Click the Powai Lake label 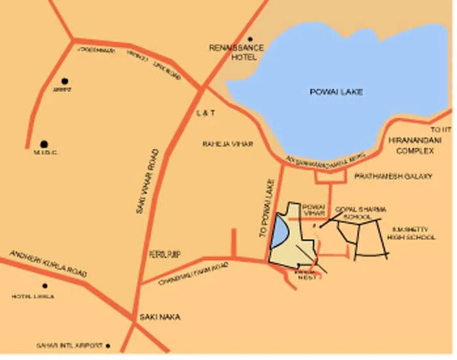pos(336,92)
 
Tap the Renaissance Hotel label pos(236,52)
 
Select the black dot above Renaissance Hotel pos(249,39)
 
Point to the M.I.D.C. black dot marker pos(44,143)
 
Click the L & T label pos(206,113)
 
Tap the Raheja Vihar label pos(227,143)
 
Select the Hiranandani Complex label pos(415,145)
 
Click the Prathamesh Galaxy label pos(394,176)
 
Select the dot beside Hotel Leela pos(44,286)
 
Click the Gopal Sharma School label pos(360,213)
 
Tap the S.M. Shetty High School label pos(411,233)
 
